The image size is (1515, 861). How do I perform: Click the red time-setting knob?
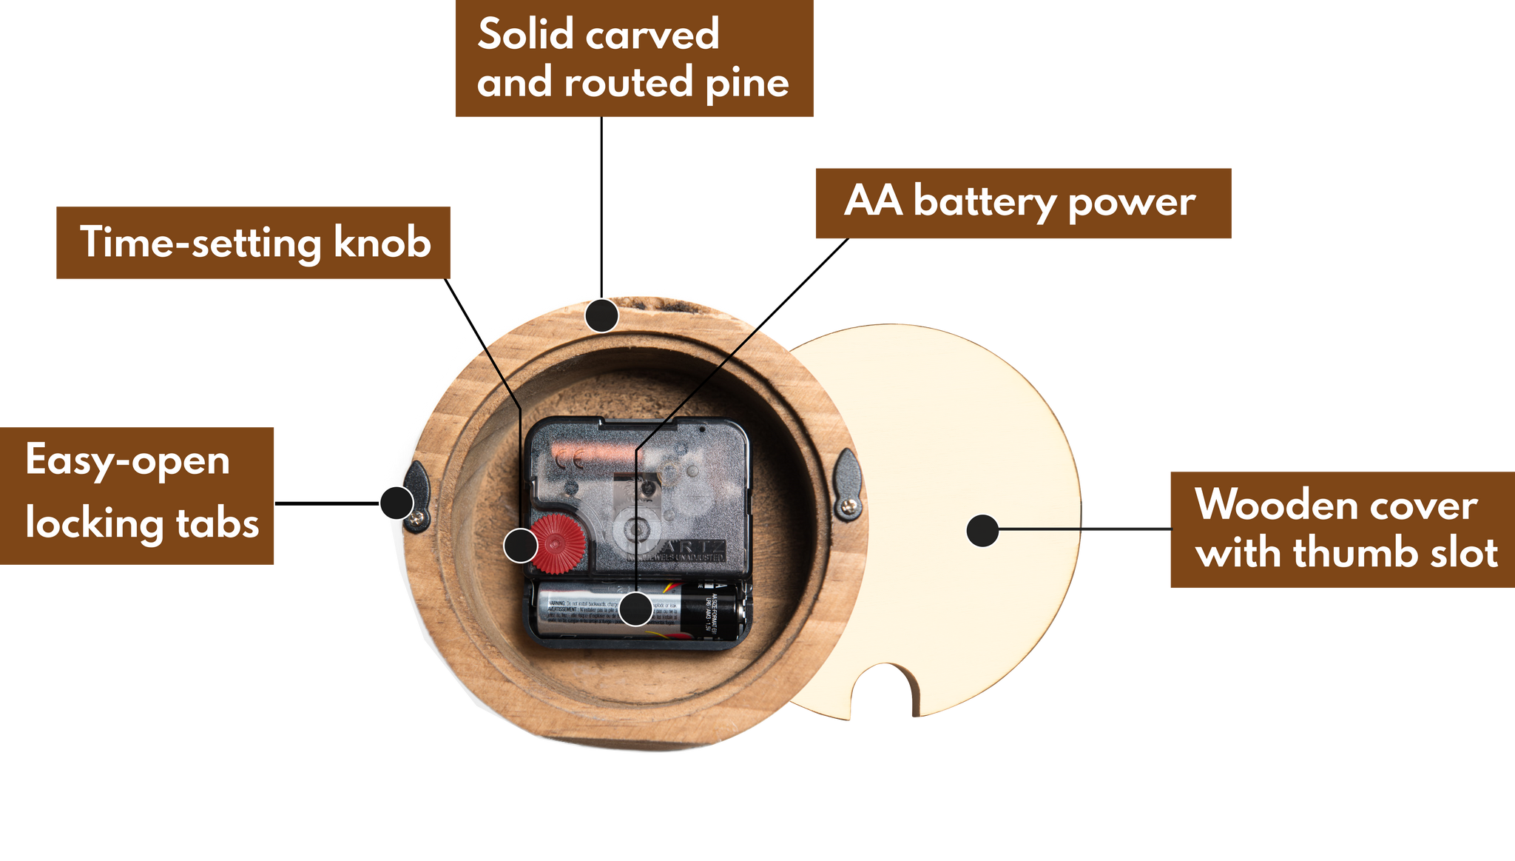tap(559, 543)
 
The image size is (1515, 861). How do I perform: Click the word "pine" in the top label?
tap(747, 83)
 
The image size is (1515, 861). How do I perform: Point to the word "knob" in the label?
tap(382, 242)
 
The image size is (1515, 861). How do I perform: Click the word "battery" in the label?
tap(985, 201)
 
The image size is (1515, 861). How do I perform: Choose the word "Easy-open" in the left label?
tap(127, 461)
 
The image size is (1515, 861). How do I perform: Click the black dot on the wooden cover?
tap(982, 530)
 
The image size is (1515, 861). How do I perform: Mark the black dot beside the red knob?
tap(521, 546)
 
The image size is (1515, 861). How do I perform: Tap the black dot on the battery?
tap(635, 609)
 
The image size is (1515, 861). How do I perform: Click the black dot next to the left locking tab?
tap(397, 503)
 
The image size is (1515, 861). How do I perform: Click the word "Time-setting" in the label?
tap(200, 242)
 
